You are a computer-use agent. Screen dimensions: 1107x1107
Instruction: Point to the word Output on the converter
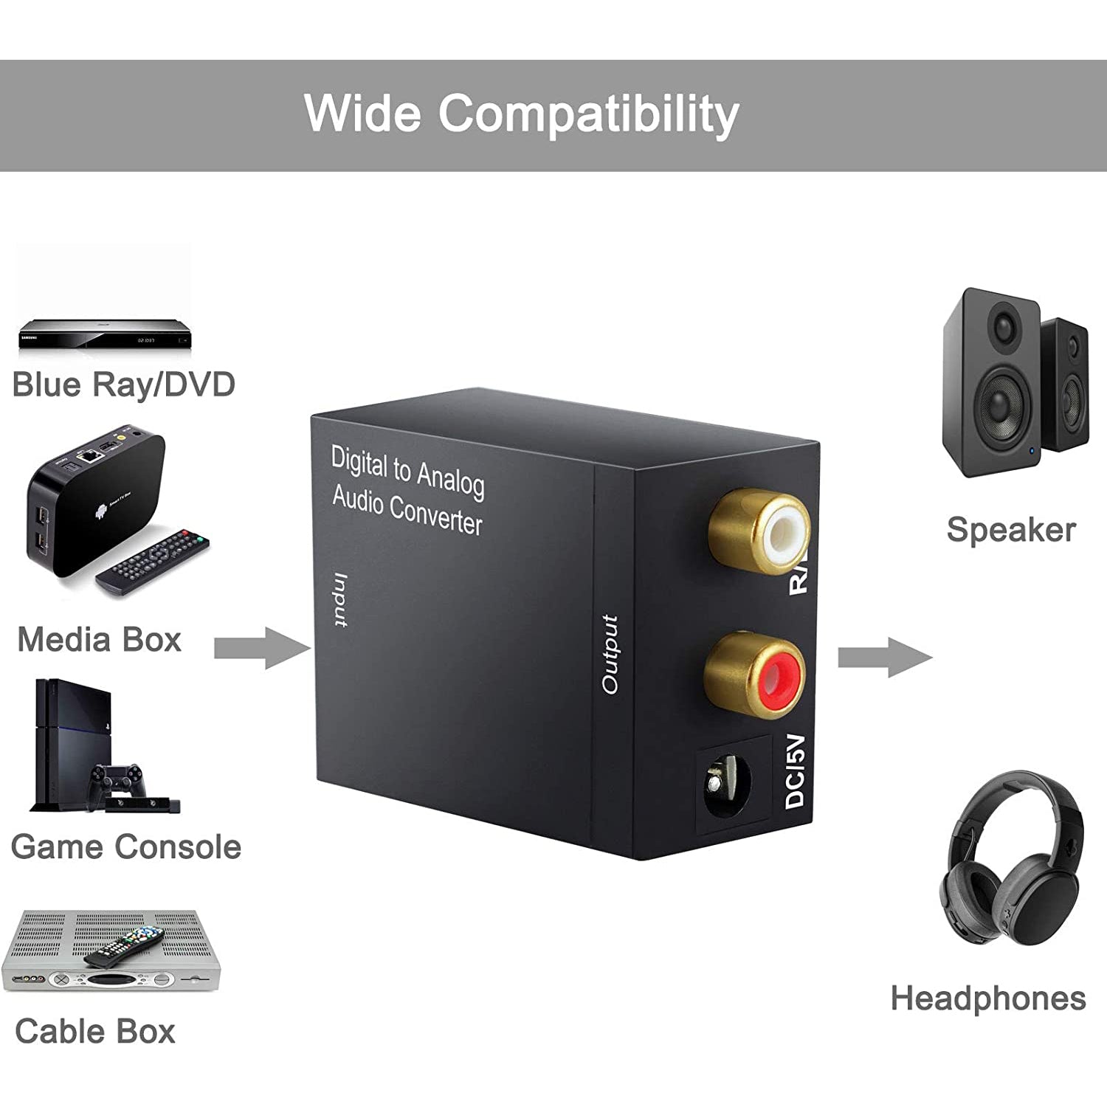tap(610, 655)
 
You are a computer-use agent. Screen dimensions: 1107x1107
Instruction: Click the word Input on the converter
tap(339, 600)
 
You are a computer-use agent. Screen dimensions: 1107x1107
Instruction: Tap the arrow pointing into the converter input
tap(263, 648)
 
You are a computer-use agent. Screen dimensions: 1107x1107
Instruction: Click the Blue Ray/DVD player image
tap(104, 334)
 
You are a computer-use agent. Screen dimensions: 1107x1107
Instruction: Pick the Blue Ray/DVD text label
tap(123, 384)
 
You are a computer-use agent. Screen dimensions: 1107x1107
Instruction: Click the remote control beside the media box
tap(153, 560)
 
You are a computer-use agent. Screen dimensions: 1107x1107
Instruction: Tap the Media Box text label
tap(99, 639)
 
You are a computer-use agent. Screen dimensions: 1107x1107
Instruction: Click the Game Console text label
tap(125, 846)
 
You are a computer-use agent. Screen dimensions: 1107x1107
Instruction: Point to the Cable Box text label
tap(94, 1031)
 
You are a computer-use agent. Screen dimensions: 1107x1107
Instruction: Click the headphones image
tap(1012, 860)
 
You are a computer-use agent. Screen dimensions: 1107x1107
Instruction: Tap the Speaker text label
tap(1010, 529)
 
